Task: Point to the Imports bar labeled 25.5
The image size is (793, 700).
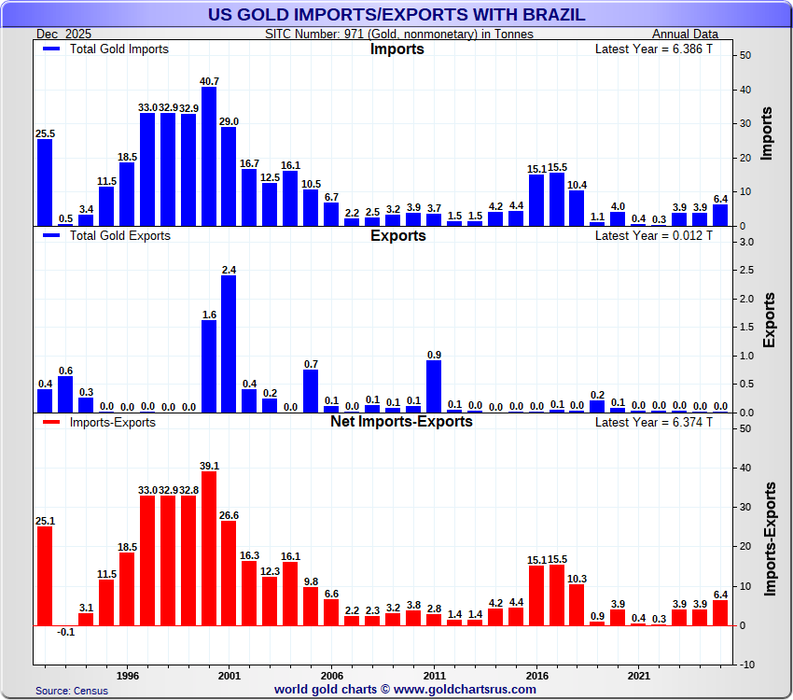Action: [x=45, y=183]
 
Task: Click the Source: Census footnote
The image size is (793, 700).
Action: [x=72, y=691]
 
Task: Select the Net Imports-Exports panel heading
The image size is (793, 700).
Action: [x=401, y=421]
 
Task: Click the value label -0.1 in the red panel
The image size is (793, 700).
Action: [x=65, y=632]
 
